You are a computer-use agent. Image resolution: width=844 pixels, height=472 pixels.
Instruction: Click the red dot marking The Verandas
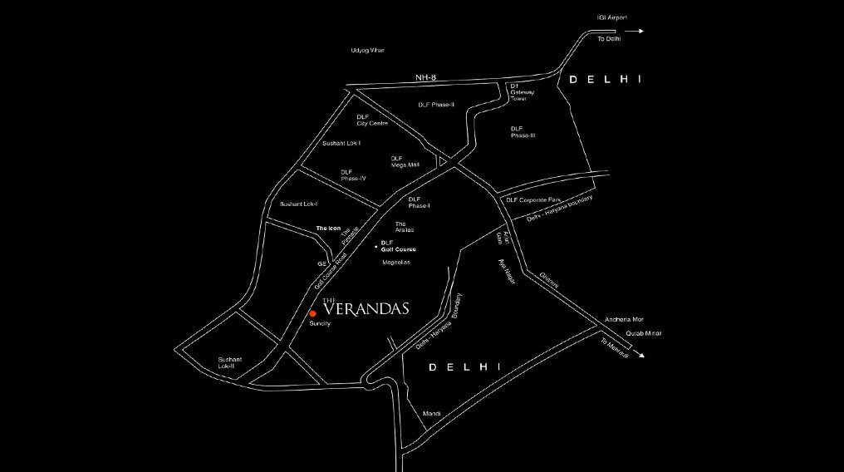[x=312, y=313]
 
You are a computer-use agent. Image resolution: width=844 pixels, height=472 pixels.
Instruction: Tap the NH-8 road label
[x=426, y=77]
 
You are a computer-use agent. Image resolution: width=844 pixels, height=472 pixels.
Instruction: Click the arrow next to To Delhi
[x=635, y=32]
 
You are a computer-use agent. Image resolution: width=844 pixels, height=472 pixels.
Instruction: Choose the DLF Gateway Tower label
[x=519, y=91]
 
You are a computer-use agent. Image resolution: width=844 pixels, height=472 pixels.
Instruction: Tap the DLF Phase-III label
[x=517, y=132]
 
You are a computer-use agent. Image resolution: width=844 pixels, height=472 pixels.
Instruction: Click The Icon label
[x=328, y=228]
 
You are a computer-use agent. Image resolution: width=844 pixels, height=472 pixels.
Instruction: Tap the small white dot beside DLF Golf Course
[x=375, y=245]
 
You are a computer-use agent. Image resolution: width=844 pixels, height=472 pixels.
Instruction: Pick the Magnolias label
[x=396, y=263]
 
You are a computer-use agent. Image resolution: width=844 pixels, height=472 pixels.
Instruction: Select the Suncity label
[x=320, y=323]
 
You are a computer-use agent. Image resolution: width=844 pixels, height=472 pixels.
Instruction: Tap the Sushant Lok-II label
[x=226, y=362]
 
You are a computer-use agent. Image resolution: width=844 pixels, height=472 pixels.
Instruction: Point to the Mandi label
[x=430, y=414]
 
